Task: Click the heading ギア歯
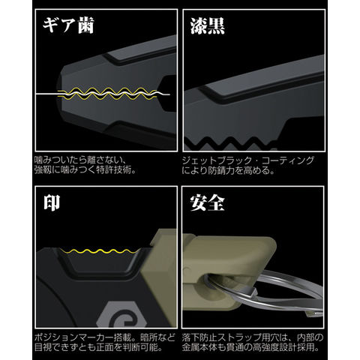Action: pyautogui.click(x=68, y=25)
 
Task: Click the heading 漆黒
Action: pyautogui.click(x=208, y=26)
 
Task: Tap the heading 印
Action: pyautogui.click(x=52, y=202)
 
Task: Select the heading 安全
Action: pyautogui.click(x=207, y=202)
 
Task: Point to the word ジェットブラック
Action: pyautogui.click(x=216, y=160)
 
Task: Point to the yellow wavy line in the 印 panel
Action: pyautogui.click(x=99, y=251)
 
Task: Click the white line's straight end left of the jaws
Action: pyautogui.click(x=36, y=94)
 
